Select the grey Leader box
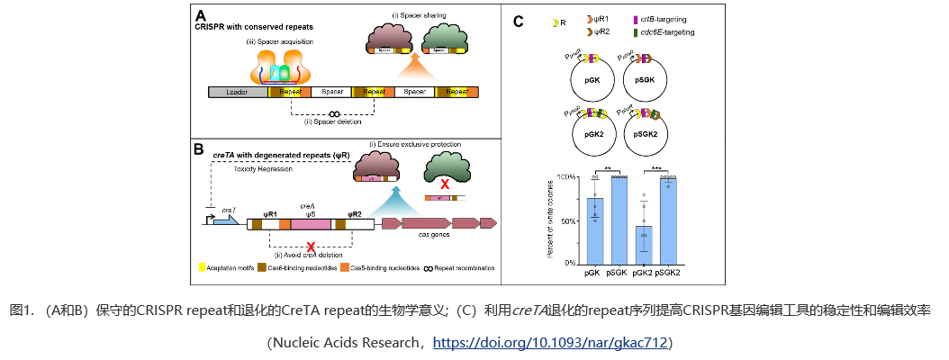[x=238, y=92]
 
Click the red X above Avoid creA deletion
[x=311, y=246]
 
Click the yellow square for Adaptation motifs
[x=203, y=267]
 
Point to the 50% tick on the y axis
[x=580, y=220]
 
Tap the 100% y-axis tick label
[x=567, y=177]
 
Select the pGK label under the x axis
[x=592, y=272]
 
